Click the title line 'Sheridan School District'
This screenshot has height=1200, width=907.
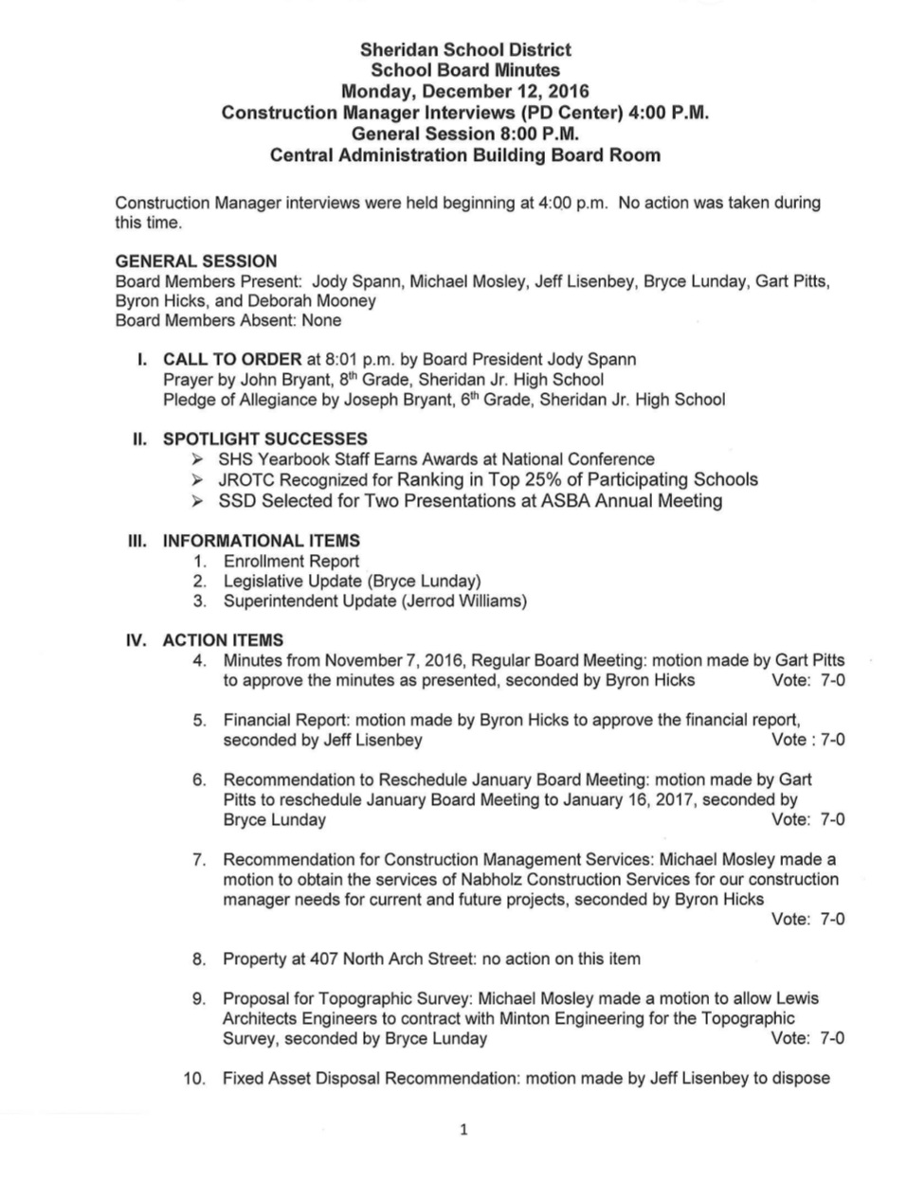coord(464,49)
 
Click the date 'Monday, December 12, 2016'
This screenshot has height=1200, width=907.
coord(464,92)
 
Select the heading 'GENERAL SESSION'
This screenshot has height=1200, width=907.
coord(196,260)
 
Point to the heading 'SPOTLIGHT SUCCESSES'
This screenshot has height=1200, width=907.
coord(264,439)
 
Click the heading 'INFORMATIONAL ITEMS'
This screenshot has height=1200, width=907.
coord(261,541)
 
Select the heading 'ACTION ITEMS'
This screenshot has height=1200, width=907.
coord(223,640)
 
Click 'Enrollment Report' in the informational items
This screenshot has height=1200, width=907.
coord(291,561)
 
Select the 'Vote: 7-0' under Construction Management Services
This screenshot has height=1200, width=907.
coord(808,919)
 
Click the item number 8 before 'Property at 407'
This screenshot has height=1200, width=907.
coord(199,958)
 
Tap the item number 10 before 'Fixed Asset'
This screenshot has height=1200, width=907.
coord(195,1078)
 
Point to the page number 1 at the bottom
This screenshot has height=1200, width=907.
coord(463,1129)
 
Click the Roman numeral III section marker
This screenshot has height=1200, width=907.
coord(138,541)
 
